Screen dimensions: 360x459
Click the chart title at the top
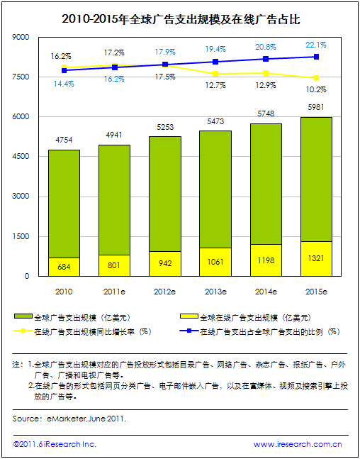[181, 20]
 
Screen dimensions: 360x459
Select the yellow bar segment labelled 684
[64, 267]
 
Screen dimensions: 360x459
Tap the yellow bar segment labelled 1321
[316, 259]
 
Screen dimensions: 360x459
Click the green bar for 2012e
[165, 194]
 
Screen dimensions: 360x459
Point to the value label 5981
[316, 107]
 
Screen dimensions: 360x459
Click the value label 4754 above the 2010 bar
[64, 140]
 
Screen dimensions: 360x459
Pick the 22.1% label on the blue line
[316, 45]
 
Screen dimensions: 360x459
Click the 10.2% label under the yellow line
[316, 89]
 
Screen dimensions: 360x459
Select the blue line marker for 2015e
[316, 57]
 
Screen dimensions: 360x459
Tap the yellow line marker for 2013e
[215, 74]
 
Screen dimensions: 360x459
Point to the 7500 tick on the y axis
[21, 77]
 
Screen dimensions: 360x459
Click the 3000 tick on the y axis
[21, 196]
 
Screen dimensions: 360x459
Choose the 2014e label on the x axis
[266, 292]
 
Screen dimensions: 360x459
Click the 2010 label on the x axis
[64, 292]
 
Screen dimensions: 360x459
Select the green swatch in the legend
[23, 316]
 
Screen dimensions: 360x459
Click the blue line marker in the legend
[189, 331]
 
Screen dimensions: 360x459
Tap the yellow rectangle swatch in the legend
[189, 316]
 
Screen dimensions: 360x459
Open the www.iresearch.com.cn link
[298, 444]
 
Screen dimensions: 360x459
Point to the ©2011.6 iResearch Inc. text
[55, 444]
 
